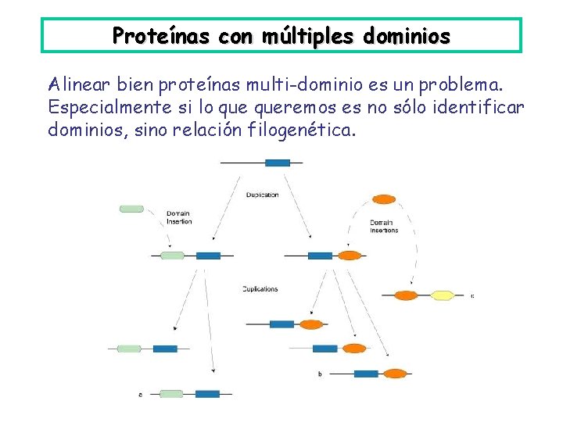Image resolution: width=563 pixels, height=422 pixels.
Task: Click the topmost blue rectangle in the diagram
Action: coord(278,163)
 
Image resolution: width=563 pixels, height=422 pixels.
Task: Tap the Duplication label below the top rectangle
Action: coord(262,195)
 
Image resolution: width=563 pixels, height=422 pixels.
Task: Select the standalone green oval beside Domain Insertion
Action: coord(131,209)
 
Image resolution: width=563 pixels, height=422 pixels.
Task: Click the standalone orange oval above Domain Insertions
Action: coord(383,199)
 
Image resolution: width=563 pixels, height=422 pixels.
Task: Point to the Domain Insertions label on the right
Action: coord(384,227)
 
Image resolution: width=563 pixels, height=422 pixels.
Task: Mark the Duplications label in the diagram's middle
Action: coord(260,289)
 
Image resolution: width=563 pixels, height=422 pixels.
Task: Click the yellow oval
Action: coord(443,295)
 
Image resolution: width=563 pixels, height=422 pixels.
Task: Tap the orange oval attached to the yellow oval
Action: coord(407,295)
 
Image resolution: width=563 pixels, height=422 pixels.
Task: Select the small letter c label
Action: coord(472,296)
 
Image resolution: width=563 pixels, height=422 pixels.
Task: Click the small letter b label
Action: coord(320,374)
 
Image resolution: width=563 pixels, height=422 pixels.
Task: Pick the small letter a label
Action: coord(140,395)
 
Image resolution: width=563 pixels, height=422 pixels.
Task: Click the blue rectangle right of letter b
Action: coord(366,374)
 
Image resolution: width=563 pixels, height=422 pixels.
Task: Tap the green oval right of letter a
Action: coord(171,394)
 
